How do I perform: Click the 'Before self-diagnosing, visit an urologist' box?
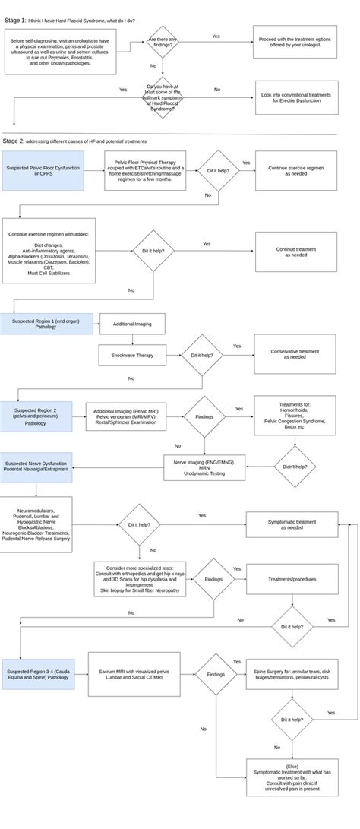pyautogui.click(x=61, y=52)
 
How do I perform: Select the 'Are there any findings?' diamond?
pyautogui.click(x=163, y=42)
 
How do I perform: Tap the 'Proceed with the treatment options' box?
pyautogui.click(x=295, y=43)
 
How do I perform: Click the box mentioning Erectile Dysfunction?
pyautogui.click(x=295, y=97)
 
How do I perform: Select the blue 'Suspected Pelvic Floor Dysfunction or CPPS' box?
pyautogui.click(x=43, y=170)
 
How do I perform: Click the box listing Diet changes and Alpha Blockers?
pyautogui.click(x=49, y=251)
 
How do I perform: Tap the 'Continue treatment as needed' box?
pyautogui.click(x=295, y=252)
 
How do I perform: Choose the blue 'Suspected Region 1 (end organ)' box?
pyautogui.click(x=46, y=324)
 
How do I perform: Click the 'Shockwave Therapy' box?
pyautogui.click(x=132, y=355)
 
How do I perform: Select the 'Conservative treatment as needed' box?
pyautogui.click(x=295, y=355)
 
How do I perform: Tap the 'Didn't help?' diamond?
pyautogui.click(x=295, y=467)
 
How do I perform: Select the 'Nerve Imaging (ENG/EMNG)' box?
pyautogui.click(x=204, y=467)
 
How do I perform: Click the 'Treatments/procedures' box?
pyautogui.click(x=292, y=579)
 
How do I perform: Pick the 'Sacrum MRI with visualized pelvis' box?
pyautogui.click(x=134, y=673)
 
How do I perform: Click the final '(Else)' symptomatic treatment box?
pyautogui.click(x=292, y=777)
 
